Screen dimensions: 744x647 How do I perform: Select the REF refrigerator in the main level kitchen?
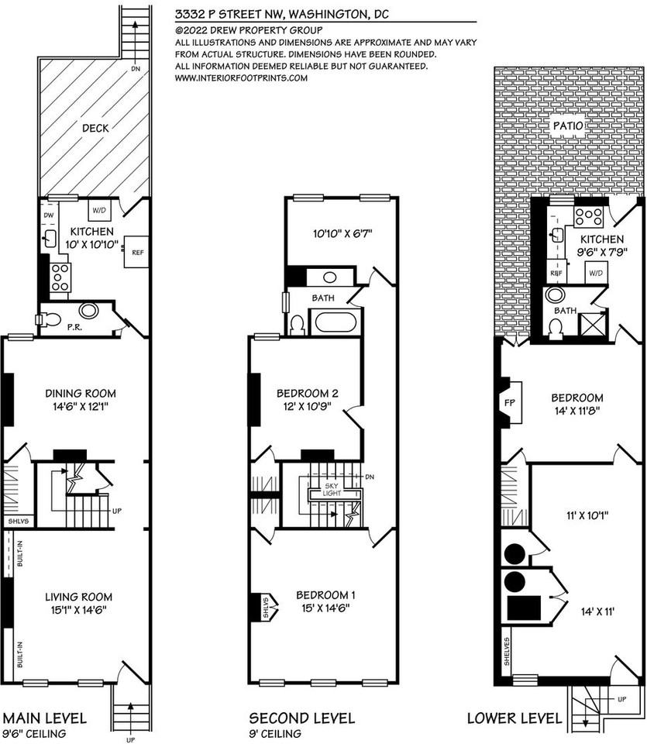137,252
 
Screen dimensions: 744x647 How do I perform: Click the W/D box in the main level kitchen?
100,210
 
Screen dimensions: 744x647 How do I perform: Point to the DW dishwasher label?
48,215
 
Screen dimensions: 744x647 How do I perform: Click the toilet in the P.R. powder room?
50,319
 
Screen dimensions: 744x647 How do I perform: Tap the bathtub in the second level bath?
335,322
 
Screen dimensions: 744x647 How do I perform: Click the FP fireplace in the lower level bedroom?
511,403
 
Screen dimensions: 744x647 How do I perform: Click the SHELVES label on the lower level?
505,653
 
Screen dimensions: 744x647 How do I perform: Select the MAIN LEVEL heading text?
46,718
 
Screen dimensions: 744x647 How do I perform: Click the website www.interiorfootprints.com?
243,77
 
